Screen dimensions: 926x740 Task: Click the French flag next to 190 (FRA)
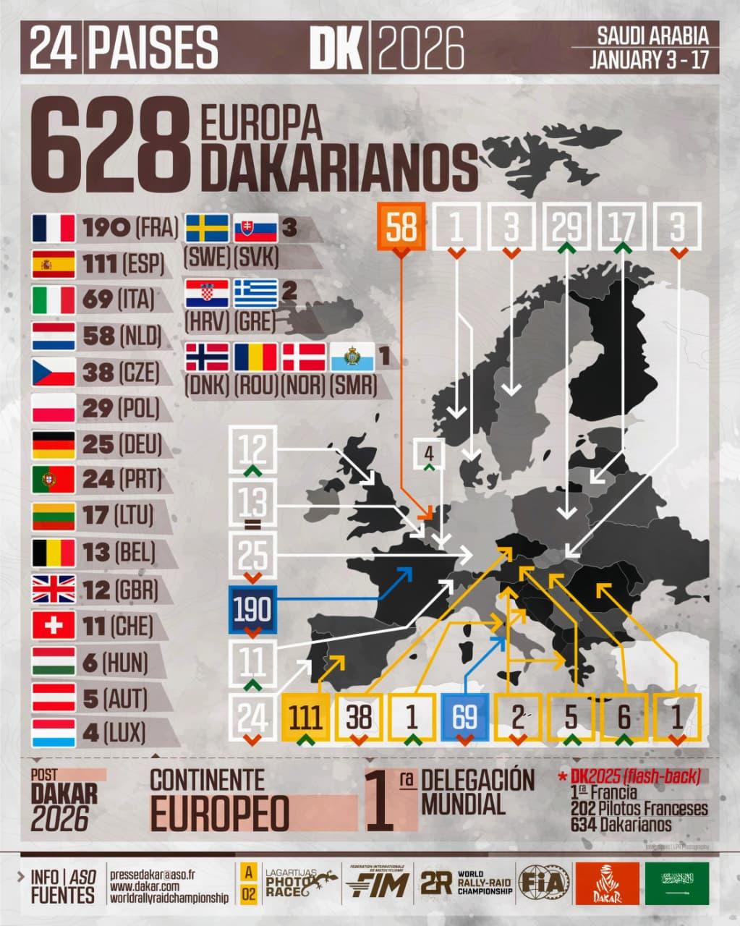(54, 229)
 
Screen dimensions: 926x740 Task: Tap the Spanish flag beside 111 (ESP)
(54, 265)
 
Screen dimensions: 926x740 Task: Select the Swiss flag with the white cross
(54, 625)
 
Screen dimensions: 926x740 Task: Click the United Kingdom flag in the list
(54, 589)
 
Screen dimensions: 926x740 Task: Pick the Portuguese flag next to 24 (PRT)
(54, 480)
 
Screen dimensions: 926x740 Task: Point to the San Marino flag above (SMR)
(352, 357)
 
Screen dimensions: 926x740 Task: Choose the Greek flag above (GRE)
(255, 293)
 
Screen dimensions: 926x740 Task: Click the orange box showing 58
(401, 226)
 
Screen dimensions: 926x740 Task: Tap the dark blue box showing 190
(252, 610)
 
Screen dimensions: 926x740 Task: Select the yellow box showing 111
(306, 717)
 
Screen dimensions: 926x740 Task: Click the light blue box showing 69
(464, 717)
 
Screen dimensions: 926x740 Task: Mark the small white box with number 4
(429, 454)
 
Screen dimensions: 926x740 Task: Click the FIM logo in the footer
(377, 883)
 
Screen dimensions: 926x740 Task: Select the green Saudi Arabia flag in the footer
(678, 883)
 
